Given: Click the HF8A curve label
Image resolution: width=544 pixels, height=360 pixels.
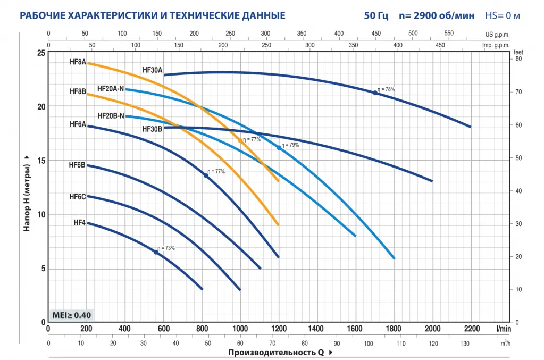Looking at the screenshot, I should [x=78, y=62].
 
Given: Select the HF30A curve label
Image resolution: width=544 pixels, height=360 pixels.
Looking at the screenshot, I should [x=153, y=70].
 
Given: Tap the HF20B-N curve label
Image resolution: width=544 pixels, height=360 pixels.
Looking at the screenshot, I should [x=111, y=115].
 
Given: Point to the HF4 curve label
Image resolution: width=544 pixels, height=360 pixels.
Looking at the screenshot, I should [x=80, y=222].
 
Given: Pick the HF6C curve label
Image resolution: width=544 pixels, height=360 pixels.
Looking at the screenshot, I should [x=78, y=197].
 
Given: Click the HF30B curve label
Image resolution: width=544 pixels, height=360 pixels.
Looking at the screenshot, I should [x=153, y=129].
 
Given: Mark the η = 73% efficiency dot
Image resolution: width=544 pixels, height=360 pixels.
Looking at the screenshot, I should [x=156, y=252].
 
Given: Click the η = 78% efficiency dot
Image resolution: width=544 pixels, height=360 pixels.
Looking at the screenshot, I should [x=375, y=93].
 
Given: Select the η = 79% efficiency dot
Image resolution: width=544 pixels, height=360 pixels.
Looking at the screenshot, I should [x=279, y=148].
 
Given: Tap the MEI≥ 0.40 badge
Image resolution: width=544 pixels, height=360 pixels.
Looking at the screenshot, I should [x=71, y=314].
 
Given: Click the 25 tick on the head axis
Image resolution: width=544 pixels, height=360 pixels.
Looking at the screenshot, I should [x=41, y=53].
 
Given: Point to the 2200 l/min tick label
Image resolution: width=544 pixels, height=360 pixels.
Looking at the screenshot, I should [x=471, y=328].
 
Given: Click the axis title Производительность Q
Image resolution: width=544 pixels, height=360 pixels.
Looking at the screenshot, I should [x=277, y=352].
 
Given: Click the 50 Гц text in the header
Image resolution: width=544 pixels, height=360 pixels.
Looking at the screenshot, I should [x=376, y=15].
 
